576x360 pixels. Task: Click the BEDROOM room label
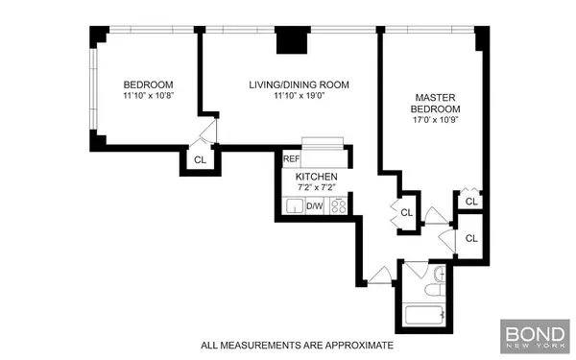coord(147,84)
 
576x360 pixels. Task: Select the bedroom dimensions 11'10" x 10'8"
coord(147,96)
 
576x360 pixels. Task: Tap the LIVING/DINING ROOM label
coord(299,84)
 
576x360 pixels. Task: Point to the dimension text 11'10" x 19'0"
coord(299,97)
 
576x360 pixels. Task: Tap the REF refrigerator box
coord(291,157)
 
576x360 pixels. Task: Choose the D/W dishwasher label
coord(315,206)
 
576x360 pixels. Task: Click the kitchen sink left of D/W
coord(295,206)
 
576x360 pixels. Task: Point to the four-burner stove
coord(338,206)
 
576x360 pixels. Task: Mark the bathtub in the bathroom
coord(424,313)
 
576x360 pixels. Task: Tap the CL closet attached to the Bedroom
coord(200,160)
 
